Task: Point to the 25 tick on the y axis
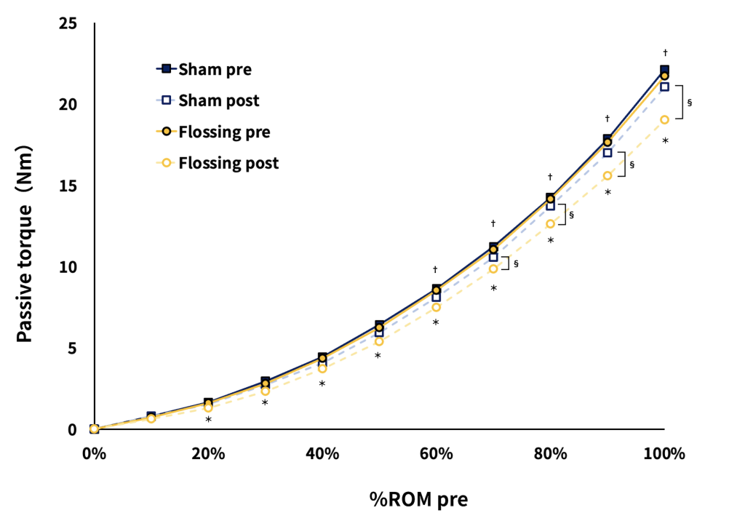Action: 68,25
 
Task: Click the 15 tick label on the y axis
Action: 68,186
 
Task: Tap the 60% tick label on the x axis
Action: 436,454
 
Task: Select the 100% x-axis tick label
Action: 664,454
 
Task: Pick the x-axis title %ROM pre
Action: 378,499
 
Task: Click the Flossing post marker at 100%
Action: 664,119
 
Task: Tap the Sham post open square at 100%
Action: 664,87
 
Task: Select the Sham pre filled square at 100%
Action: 664,70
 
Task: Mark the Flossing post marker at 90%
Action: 607,175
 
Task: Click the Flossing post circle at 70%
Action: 493,269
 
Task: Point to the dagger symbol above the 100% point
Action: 665,52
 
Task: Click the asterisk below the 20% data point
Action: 208,420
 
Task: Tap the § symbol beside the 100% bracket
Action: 689,103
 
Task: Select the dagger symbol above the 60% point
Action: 436,269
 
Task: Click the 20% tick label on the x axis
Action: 208,454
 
